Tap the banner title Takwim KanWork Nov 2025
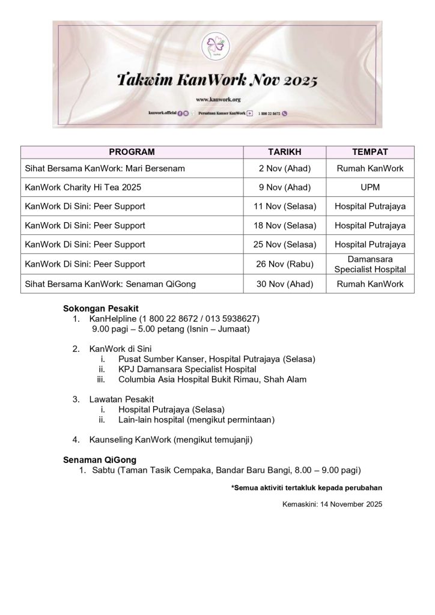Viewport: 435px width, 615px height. click(x=217, y=80)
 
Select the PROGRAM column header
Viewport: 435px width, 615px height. click(x=132, y=152)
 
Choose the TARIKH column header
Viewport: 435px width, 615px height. click(x=284, y=152)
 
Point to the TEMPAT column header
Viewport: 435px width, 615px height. click(x=370, y=152)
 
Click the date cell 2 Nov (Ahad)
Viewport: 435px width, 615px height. click(x=284, y=169)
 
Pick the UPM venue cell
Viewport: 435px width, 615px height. click(x=370, y=187)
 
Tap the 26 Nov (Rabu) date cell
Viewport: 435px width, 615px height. click(x=284, y=264)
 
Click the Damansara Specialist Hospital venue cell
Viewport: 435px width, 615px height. click(x=370, y=264)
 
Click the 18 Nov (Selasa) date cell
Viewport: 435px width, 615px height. click(x=284, y=225)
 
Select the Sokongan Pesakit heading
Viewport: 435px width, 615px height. click(x=100, y=308)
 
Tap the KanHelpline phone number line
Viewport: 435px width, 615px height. click(x=174, y=318)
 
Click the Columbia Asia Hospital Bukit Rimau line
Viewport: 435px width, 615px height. click(x=212, y=380)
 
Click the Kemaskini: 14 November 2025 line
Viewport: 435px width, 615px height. click(x=332, y=504)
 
